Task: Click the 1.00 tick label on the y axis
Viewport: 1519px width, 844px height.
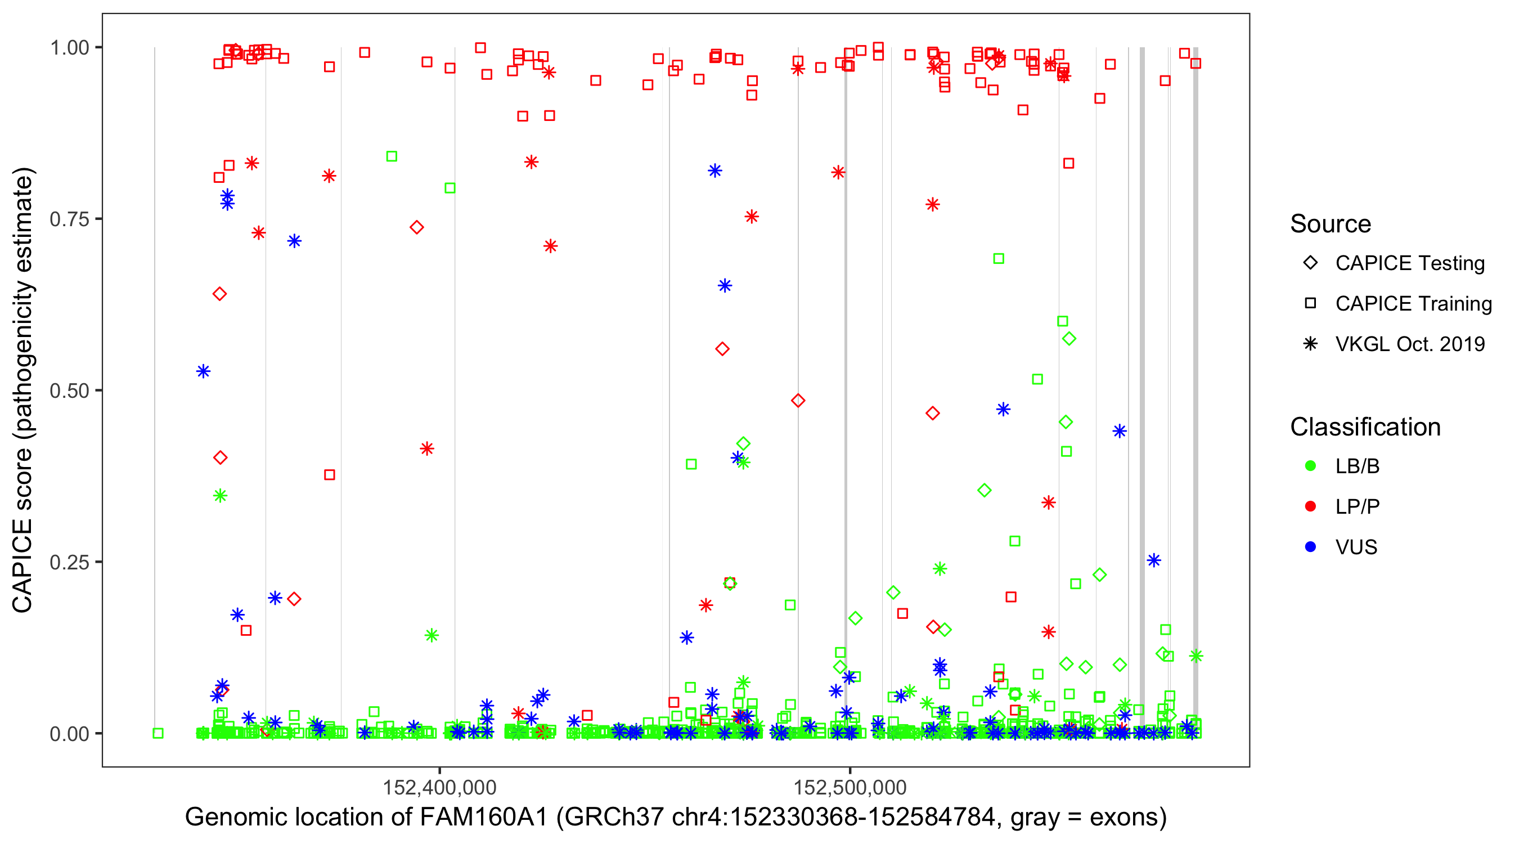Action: click(69, 47)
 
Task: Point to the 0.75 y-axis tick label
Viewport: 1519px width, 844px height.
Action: click(69, 219)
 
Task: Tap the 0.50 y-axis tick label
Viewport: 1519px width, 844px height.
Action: click(69, 390)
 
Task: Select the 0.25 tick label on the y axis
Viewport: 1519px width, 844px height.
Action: click(69, 562)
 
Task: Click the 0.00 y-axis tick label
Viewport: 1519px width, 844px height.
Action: click(69, 733)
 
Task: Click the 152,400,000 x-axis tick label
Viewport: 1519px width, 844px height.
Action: click(439, 787)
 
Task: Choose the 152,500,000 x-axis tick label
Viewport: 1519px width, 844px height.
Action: click(850, 787)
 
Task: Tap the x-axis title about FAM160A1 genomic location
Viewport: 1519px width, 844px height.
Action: click(676, 817)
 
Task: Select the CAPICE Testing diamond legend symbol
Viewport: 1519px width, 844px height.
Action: click(1310, 263)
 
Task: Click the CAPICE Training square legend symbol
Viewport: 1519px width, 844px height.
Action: click(1310, 303)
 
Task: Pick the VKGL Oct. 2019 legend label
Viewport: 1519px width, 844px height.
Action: click(1410, 344)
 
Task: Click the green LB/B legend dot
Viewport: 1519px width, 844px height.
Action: click(1310, 466)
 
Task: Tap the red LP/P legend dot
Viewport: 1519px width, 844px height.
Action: click(1310, 506)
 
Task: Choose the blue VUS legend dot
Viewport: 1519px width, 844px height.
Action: click(1310, 547)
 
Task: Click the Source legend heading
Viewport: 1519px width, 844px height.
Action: click(1331, 223)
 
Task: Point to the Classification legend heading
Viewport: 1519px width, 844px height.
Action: click(1365, 427)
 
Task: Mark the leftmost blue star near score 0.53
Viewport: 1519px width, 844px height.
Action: click(204, 371)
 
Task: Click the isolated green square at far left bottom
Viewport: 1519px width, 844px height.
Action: click(158, 733)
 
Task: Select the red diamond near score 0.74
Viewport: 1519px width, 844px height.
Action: click(417, 227)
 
